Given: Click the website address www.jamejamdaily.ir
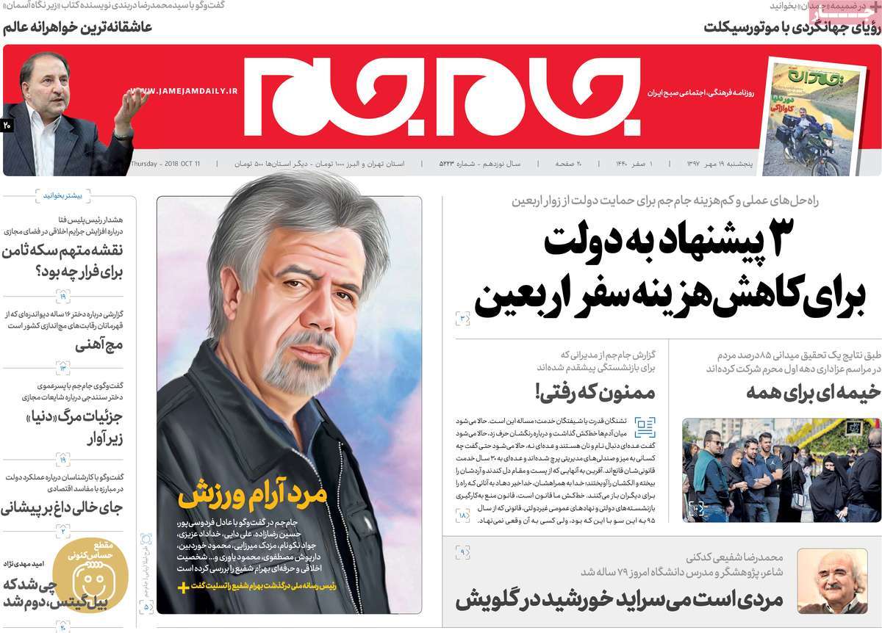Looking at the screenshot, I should tap(184, 90).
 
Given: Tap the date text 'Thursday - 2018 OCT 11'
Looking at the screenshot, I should tap(165, 163).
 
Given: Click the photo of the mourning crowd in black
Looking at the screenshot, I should tap(781, 470).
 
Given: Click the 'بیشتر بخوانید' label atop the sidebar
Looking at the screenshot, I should tap(63, 196).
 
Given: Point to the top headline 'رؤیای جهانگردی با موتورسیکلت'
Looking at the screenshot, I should tap(790, 27).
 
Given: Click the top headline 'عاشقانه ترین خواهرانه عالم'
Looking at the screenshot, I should tap(77, 27).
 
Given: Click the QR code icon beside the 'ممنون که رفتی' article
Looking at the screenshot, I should tap(645, 427).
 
